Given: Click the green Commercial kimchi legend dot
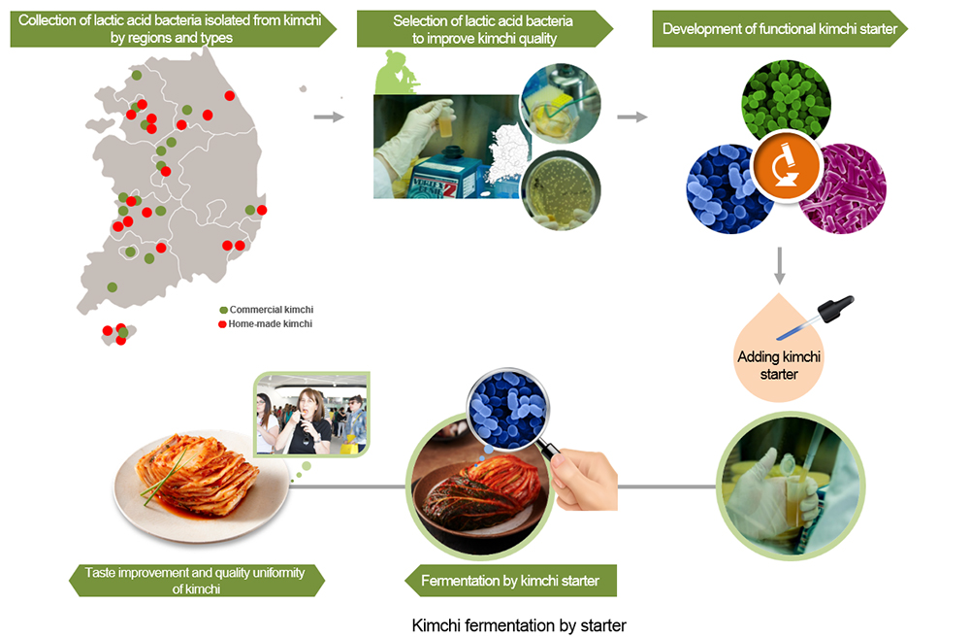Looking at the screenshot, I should pos(223,310).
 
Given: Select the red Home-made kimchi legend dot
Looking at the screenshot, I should pos(223,323).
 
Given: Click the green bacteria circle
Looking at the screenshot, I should pos(785,100).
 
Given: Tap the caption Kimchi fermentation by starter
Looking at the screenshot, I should pos(519,624).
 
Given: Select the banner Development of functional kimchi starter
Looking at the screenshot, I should pos(780,29).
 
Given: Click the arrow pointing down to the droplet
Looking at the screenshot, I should pos(780,264).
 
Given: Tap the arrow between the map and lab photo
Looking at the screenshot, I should pos(330,117).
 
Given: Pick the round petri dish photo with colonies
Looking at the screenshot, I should pos(561,188).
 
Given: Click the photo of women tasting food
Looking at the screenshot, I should pos(310,414).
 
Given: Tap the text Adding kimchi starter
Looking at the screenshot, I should pos(779,365).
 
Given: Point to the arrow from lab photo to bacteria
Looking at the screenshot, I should pos(632,117).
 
